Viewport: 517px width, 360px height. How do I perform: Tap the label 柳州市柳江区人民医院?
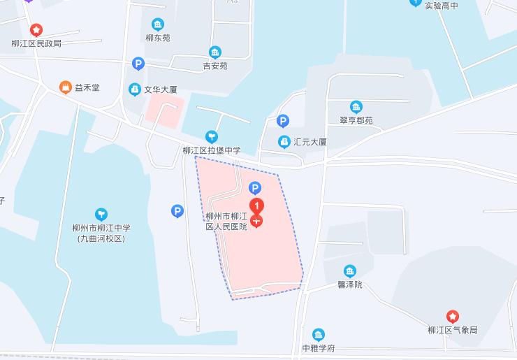point(226,222)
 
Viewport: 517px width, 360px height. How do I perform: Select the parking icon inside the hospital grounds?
point(256,187)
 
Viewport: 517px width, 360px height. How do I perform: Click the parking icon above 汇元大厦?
point(283,121)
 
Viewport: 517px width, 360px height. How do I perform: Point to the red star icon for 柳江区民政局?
point(36,30)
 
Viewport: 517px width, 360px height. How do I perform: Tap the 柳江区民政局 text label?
point(36,43)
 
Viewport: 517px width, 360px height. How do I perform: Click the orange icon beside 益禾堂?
point(66,87)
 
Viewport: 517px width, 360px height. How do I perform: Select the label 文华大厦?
point(161,89)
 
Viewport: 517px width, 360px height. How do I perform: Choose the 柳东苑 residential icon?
point(158,24)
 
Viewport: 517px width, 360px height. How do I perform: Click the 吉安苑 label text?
point(215,66)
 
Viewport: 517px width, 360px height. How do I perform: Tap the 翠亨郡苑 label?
point(356,120)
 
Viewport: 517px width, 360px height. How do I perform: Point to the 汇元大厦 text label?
point(310,142)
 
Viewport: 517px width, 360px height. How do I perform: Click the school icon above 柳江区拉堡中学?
point(211,136)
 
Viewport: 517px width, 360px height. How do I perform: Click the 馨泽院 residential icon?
point(349,271)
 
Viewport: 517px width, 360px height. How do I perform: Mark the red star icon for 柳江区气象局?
point(453,317)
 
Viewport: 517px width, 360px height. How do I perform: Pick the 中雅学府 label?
point(319,348)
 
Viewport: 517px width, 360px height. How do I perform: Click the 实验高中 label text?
point(441,6)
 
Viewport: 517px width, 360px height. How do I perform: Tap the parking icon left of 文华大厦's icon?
point(138,64)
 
